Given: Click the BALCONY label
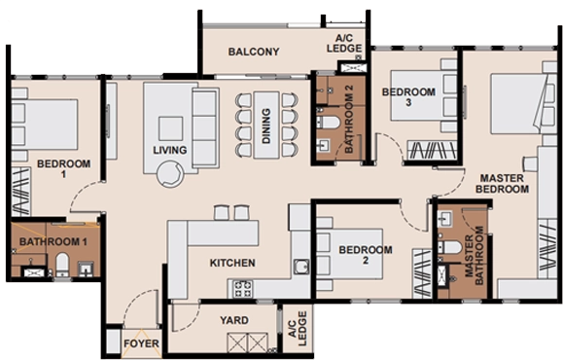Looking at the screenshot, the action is [x=254, y=52].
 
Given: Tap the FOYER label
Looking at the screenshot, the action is [x=141, y=343].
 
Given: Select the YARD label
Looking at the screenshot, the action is [x=234, y=320].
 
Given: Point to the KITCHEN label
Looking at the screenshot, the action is [x=232, y=263].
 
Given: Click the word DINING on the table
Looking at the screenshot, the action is [x=266, y=126].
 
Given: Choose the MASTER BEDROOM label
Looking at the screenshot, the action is [x=502, y=184].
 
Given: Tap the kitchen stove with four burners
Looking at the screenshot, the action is [x=243, y=289].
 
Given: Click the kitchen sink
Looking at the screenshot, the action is [x=301, y=267].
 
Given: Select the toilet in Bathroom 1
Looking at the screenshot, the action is [x=62, y=265].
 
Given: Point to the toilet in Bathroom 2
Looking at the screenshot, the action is [x=328, y=123].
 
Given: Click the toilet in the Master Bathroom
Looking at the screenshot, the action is [x=449, y=247].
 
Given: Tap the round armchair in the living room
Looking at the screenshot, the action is [x=170, y=174].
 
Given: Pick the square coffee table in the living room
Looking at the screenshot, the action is [x=170, y=128].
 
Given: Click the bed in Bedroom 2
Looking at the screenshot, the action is [x=349, y=254].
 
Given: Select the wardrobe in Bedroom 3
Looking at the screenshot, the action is [x=433, y=150].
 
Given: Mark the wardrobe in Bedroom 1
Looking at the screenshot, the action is [x=20, y=192].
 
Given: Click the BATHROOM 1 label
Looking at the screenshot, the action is [x=53, y=242].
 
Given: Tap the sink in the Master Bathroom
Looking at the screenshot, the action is [x=445, y=218].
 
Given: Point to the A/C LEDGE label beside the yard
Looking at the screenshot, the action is [x=298, y=329].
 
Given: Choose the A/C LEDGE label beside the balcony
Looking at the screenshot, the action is [x=344, y=43].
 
